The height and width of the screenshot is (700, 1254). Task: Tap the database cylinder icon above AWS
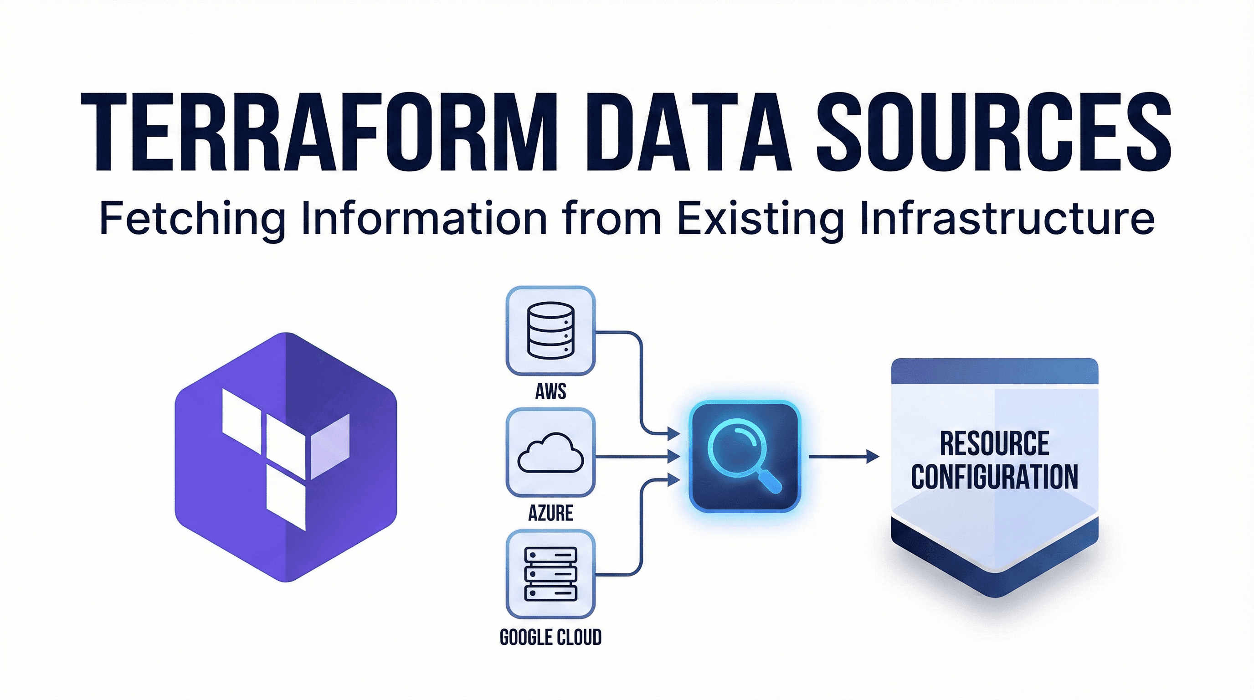pyautogui.click(x=550, y=330)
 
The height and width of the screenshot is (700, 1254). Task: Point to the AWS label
pyautogui.click(x=550, y=391)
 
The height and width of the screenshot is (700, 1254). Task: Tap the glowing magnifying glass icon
pyautogui.click(x=745, y=457)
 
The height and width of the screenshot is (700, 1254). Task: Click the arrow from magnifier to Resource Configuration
pyautogui.click(x=843, y=457)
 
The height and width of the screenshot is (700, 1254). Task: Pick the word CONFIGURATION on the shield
pyautogui.click(x=995, y=477)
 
